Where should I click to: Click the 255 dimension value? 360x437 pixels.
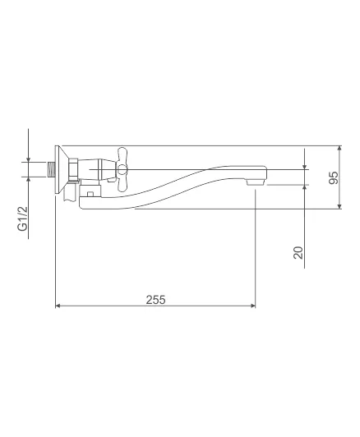(155, 300)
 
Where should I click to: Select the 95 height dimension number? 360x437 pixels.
(334, 177)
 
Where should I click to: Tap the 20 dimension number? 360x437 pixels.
(298, 253)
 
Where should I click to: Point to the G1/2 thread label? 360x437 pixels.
(23, 218)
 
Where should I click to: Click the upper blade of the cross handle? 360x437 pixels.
(122, 156)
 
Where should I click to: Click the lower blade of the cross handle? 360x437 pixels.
(122, 182)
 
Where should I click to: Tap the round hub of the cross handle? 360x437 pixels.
(122, 169)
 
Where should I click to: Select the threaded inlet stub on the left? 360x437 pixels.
(51, 169)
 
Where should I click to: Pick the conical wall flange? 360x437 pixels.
(62, 169)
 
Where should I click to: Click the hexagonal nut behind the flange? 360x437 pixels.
(73, 169)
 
